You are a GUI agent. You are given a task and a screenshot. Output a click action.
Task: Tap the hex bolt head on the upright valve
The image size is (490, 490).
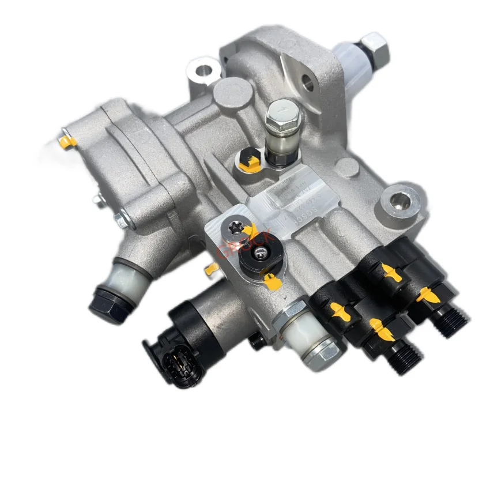tap(281, 111)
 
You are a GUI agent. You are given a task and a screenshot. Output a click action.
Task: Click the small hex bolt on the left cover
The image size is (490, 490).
tap(120, 219)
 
